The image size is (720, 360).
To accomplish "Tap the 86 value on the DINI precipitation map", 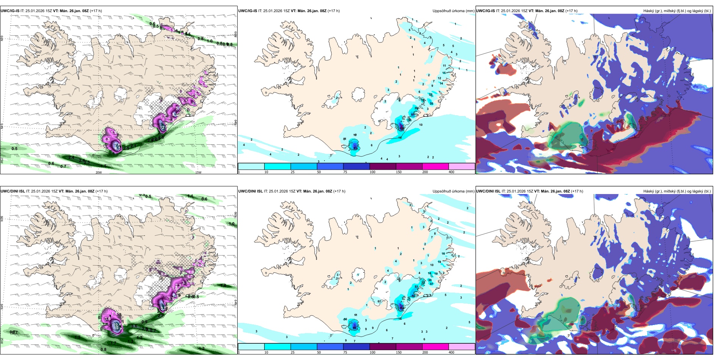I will pos(355,326).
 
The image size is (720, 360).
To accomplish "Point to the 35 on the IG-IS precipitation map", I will pos(431,103).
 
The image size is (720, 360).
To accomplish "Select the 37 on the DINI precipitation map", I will pos(431,284).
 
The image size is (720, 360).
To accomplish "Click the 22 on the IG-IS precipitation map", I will pos(430,94).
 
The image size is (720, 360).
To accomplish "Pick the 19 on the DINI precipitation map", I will pos(436,273).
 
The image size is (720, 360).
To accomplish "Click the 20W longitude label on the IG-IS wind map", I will pos(99,172).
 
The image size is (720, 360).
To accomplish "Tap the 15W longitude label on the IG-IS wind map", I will pos(198,172).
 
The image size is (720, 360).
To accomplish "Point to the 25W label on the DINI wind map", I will pos(2,341).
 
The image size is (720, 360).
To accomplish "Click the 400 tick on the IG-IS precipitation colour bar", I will pos(451,172).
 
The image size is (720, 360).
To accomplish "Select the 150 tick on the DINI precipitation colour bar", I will pos(399,352).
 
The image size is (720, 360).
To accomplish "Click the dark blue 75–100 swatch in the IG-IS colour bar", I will pos(356,166).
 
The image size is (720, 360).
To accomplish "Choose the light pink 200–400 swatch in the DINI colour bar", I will pos(462,346).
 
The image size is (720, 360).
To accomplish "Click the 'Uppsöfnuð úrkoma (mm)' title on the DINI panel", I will pos(453,191).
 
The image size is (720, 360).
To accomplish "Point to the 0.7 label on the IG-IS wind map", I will pos(63,166).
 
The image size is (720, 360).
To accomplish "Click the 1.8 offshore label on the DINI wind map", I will pos(224,285).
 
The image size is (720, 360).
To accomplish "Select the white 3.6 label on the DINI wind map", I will pos(108,319).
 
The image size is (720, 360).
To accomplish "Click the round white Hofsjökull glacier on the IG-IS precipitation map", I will pos(358,94).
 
